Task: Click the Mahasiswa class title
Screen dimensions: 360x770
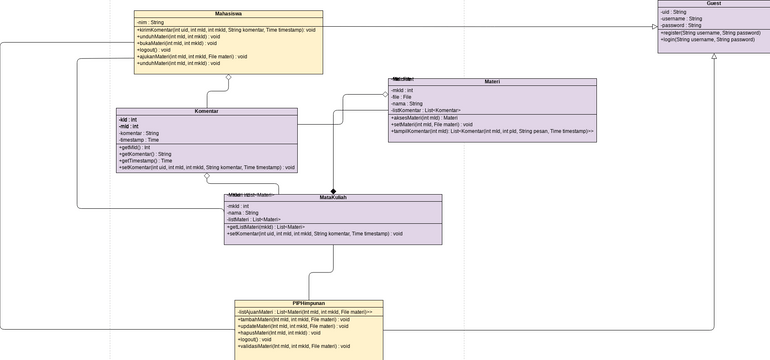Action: [x=228, y=14]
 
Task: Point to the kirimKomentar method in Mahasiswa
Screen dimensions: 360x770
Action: [x=226, y=30]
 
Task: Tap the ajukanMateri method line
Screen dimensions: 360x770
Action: [x=192, y=56]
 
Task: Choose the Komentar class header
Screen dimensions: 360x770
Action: [x=206, y=112]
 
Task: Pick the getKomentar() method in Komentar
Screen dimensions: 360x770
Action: [x=145, y=154]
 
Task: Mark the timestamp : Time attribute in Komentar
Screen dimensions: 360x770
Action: [x=139, y=140]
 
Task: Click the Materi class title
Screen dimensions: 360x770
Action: [x=492, y=82]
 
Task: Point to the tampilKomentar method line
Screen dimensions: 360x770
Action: [x=491, y=131]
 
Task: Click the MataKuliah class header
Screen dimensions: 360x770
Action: [x=333, y=198]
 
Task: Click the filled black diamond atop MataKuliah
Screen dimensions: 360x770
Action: [x=333, y=191]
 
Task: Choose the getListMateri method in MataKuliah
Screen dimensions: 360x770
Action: [x=266, y=227]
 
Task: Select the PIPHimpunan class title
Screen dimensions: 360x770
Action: [x=308, y=303]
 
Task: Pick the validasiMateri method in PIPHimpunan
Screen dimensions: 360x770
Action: [x=294, y=346]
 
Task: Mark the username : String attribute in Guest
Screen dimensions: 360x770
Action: [x=682, y=18]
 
